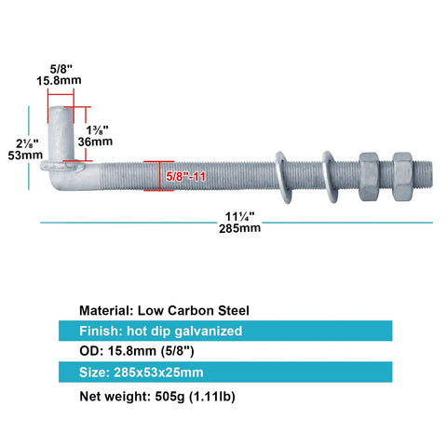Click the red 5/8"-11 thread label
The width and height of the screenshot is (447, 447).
click(185, 177)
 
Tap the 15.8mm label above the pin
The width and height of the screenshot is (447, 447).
click(59, 80)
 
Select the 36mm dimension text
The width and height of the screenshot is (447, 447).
click(95, 142)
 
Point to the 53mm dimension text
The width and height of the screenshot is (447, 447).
click(25, 155)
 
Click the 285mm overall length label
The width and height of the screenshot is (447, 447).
click(239, 228)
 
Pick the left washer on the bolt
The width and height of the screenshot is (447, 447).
click(284, 177)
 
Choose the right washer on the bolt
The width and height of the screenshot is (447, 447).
click(331, 177)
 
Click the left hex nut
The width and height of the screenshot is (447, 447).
click(370, 177)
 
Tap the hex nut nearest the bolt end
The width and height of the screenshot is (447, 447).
click(402, 177)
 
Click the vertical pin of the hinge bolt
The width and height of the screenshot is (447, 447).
click(61, 133)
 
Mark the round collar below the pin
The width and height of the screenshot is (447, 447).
click(62, 166)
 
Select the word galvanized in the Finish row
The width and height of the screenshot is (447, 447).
click(209, 332)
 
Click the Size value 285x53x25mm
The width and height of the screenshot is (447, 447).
click(158, 372)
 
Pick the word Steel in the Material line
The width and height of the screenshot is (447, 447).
click(234, 311)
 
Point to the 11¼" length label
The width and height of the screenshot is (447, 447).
click(239, 216)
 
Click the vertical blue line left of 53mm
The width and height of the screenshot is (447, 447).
click(29, 148)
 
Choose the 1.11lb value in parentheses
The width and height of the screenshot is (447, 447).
click(212, 397)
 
